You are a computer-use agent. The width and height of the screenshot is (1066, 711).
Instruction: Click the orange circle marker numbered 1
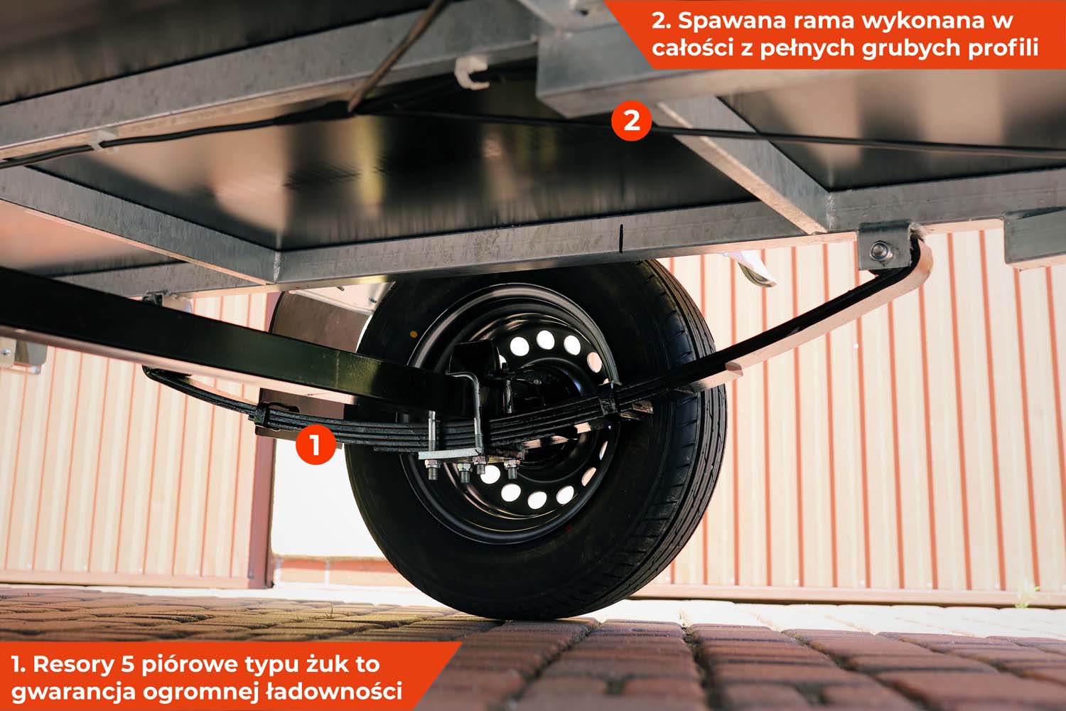[x=316, y=445]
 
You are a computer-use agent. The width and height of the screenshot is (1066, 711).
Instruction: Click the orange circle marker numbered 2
[x=632, y=121]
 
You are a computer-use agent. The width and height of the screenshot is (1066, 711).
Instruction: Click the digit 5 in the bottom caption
[x=127, y=664]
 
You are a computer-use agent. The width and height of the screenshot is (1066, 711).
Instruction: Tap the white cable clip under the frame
[x=470, y=73]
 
